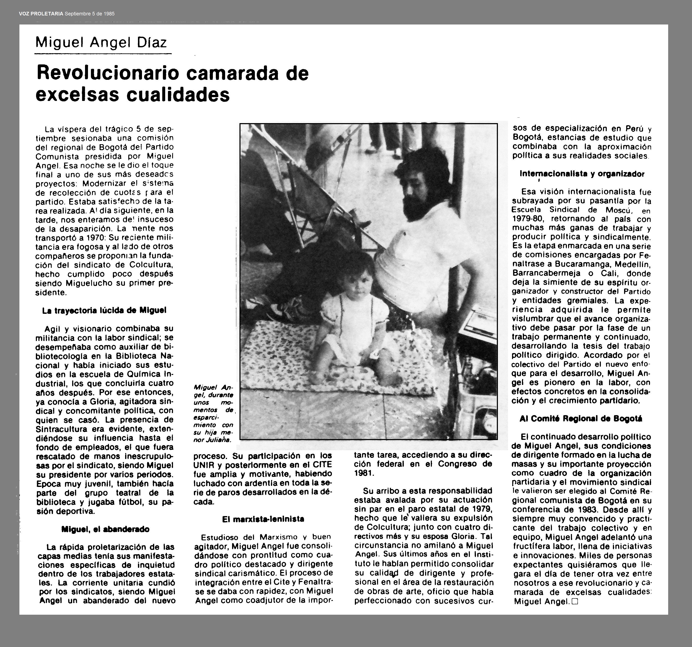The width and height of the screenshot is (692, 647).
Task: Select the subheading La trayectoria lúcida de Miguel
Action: pyautogui.click(x=104, y=310)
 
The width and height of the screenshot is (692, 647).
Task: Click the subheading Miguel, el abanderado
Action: pyautogui.click(x=105, y=529)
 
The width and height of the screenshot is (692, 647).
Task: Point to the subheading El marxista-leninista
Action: pyautogui.click(x=263, y=519)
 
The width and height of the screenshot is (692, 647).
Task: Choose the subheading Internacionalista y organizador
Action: pyautogui.click(x=582, y=174)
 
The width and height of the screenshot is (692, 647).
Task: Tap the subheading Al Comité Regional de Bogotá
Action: pyautogui.click(x=581, y=419)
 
